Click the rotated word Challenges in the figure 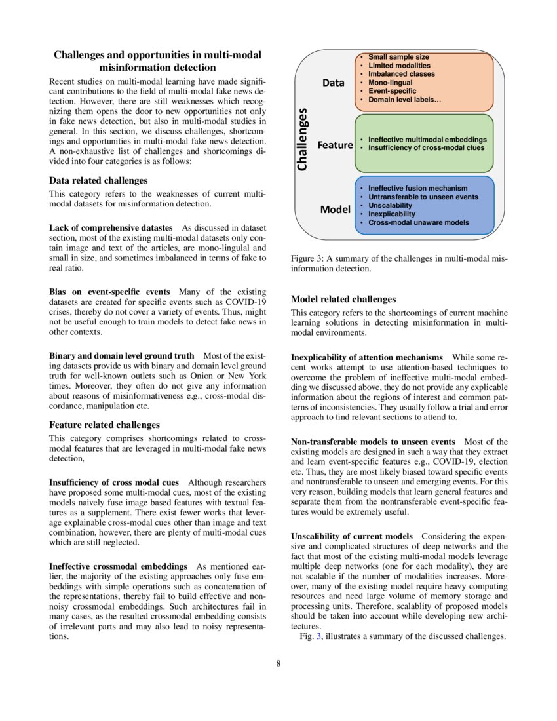click(x=302, y=140)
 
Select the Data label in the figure click(x=333, y=83)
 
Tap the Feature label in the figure click(x=335, y=145)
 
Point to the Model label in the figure click(x=335, y=210)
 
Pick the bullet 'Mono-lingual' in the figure click(x=391, y=83)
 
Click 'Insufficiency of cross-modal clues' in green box click(x=427, y=148)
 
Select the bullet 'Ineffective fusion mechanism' click(x=418, y=188)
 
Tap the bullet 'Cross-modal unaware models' click(x=419, y=222)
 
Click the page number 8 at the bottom click(x=278, y=663)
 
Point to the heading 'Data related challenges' click(x=98, y=180)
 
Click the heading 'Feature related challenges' click(x=104, y=425)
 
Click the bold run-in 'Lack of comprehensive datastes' click(x=111, y=227)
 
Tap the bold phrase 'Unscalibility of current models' click(x=351, y=536)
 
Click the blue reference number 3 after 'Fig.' click(x=318, y=637)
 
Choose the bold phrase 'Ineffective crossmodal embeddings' click(x=118, y=566)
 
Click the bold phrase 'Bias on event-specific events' click(x=109, y=291)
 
